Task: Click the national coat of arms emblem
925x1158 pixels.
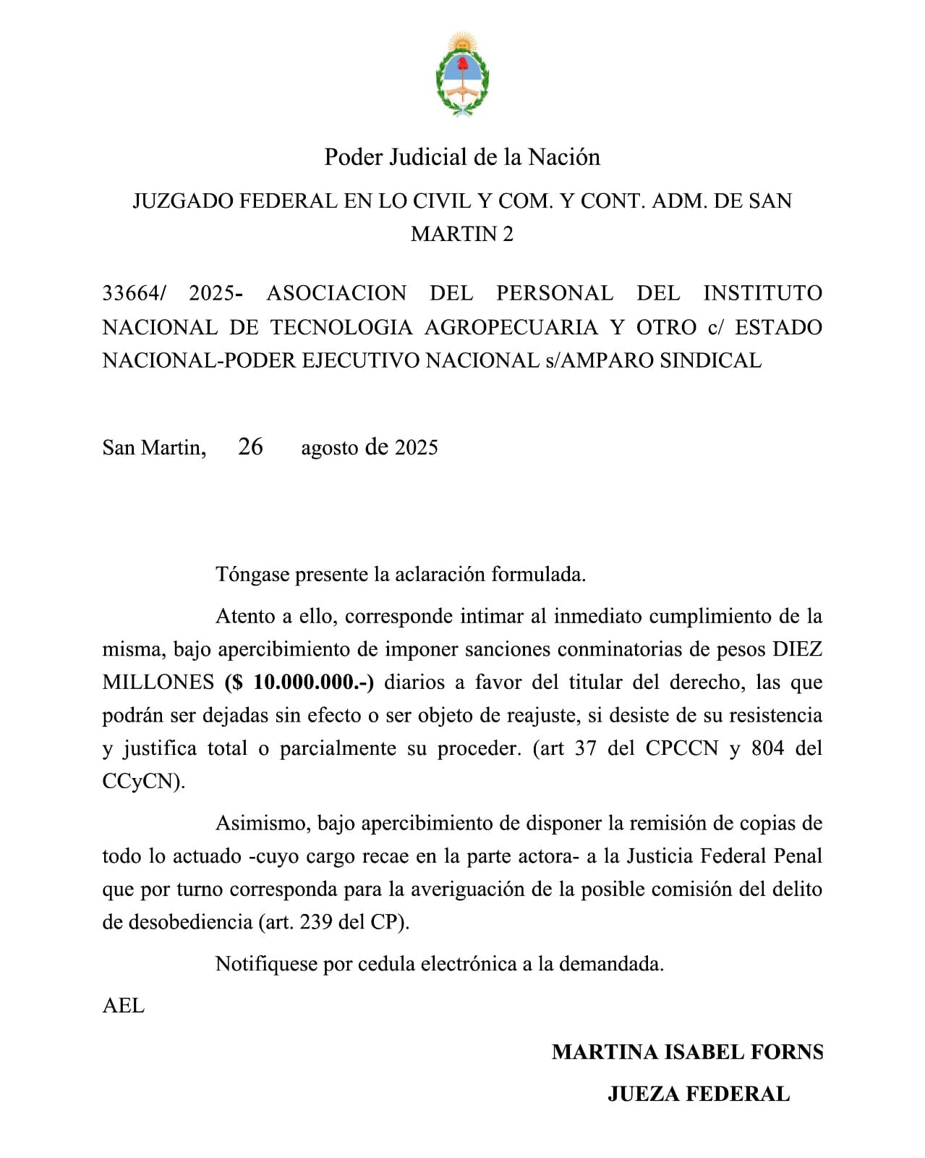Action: pyautogui.click(x=462, y=74)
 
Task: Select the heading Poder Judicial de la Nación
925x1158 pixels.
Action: pyautogui.click(x=462, y=157)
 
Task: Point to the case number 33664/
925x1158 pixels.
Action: pyautogui.click(x=134, y=293)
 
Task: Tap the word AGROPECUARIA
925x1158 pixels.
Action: pyautogui.click(x=511, y=327)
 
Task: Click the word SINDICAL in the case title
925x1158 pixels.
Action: pyautogui.click(x=710, y=360)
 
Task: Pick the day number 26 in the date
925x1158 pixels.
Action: pyautogui.click(x=250, y=447)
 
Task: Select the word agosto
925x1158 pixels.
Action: pyautogui.click(x=329, y=448)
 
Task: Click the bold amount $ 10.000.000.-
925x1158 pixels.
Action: pyautogui.click(x=299, y=682)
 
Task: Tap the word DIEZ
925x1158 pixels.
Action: pyautogui.click(x=797, y=649)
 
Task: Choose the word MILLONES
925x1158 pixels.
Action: pyautogui.click(x=158, y=682)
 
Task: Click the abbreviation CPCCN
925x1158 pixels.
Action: pyautogui.click(x=681, y=748)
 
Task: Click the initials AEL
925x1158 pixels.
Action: pyautogui.click(x=124, y=1006)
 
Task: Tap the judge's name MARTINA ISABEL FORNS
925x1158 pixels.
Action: pyautogui.click(x=687, y=1052)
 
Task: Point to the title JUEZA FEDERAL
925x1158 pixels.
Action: pyautogui.click(x=698, y=1094)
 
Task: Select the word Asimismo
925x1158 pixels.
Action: pyautogui.click(x=263, y=824)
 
